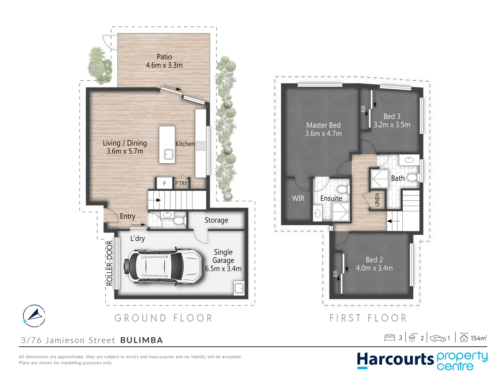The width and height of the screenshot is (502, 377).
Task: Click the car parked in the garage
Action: [162, 266]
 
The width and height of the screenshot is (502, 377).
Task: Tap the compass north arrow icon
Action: [34, 316]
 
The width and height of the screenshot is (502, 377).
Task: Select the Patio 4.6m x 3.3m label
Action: [164, 61]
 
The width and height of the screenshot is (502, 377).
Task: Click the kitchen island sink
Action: [169, 154]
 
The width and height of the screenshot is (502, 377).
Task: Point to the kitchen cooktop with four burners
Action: [201, 146]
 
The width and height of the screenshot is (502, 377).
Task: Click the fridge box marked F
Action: [164, 183]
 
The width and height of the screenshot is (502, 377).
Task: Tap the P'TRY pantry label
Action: [181, 183]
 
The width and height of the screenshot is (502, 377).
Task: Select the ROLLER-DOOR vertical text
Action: [109, 263]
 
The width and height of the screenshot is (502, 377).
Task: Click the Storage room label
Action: [216, 220]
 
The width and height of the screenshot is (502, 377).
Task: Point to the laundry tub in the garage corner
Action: [239, 288]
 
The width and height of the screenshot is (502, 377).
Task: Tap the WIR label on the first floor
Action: [298, 198]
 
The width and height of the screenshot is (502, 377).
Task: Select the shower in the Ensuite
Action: [341, 212]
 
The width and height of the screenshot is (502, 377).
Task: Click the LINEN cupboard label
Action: [377, 200]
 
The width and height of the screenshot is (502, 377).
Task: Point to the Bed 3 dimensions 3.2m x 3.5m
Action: [392, 125]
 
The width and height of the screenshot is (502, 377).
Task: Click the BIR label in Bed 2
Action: [335, 274]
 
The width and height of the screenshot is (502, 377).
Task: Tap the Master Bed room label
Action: [323, 125]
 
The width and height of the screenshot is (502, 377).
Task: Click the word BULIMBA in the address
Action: [142, 340]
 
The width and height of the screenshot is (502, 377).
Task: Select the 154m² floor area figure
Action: [478, 338]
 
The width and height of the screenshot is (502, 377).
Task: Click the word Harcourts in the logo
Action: [395, 360]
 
